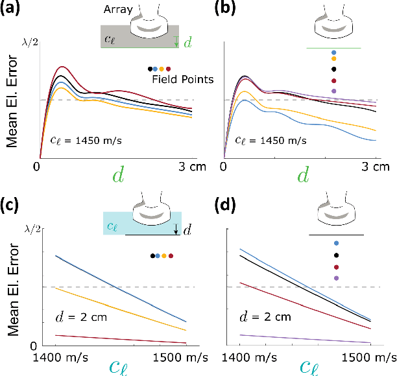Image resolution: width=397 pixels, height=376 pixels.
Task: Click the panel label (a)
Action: (x=14, y=10)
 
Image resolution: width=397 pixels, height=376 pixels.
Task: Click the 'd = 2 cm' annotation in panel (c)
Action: (x=75, y=317)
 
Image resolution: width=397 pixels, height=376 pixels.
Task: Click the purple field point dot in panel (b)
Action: (x=334, y=91)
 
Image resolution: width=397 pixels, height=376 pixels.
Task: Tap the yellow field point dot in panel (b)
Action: (x=334, y=58)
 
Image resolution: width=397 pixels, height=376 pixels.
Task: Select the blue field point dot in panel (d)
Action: (x=335, y=243)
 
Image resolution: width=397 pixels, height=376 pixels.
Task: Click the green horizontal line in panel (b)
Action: (x=333, y=48)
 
